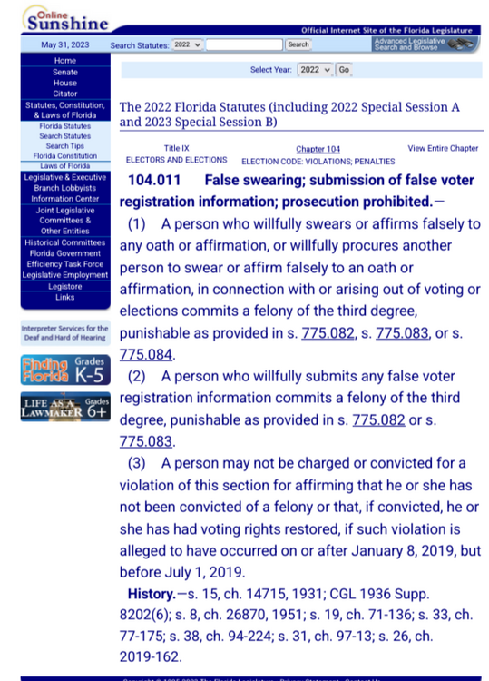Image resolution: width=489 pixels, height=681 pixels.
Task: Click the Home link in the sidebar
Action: pyautogui.click(x=64, y=61)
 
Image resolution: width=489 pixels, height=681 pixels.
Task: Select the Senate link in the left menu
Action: pyautogui.click(x=64, y=72)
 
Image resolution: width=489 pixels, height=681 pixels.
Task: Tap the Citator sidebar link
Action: pyautogui.click(x=64, y=94)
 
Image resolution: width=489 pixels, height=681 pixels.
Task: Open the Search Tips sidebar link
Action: pyautogui.click(x=64, y=146)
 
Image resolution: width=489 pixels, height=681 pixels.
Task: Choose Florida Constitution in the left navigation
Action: pyautogui.click(x=64, y=156)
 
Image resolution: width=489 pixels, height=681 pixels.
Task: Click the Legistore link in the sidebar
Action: pyautogui.click(x=64, y=287)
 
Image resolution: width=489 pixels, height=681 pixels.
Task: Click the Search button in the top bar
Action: pyautogui.click(x=298, y=44)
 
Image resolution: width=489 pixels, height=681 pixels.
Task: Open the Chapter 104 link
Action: pyautogui.click(x=318, y=149)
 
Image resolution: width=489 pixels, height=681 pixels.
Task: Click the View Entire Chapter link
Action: pyautogui.click(x=443, y=148)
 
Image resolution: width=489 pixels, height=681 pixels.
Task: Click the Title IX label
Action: pyautogui.click(x=176, y=148)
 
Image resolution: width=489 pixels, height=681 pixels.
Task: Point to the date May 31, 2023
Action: pyautogui.click(x=64, y=44)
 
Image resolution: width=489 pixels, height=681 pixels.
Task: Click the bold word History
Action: pyautogui.click(x=151, y=595)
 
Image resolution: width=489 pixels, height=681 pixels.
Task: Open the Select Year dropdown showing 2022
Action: pyautogui.click(x=315, y=70)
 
